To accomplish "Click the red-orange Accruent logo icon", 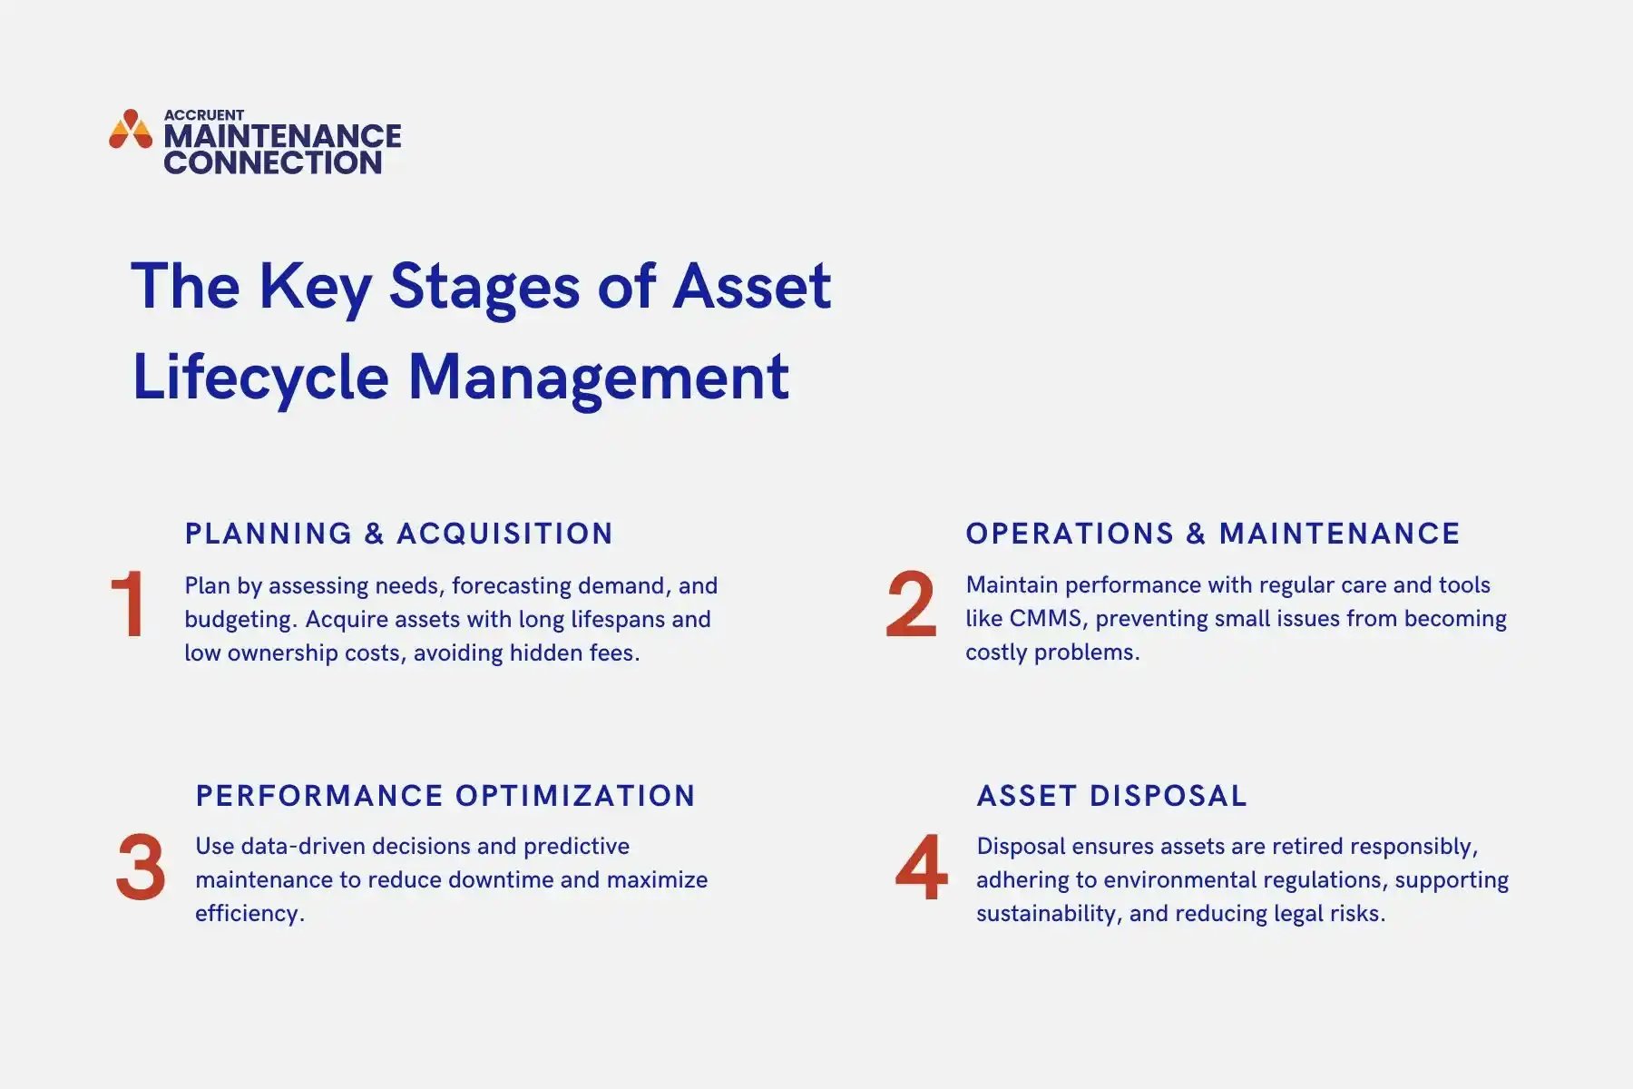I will click(131, 130).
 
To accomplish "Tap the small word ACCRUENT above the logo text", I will click(203, 115).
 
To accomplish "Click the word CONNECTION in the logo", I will click(272, 162).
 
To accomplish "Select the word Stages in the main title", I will click(484, 287).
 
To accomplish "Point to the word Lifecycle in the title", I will click(260, 378).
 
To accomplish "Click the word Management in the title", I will click(599, 378).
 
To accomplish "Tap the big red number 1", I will click(128, 604).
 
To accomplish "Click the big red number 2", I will click(910, 604).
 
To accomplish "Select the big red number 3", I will click(141, 868).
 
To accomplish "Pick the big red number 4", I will click(921, 868).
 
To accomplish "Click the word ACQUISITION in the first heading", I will click(505, 534).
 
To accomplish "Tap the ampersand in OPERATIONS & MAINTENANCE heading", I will click(1196, 534).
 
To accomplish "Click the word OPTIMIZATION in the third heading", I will click(575, 796).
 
